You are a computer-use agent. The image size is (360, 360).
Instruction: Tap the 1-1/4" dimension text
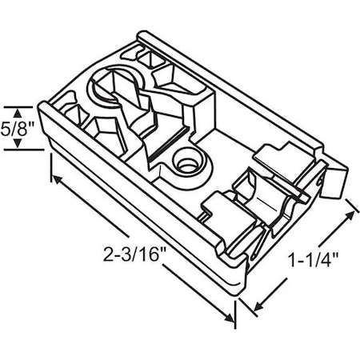[x=312, y=258]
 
